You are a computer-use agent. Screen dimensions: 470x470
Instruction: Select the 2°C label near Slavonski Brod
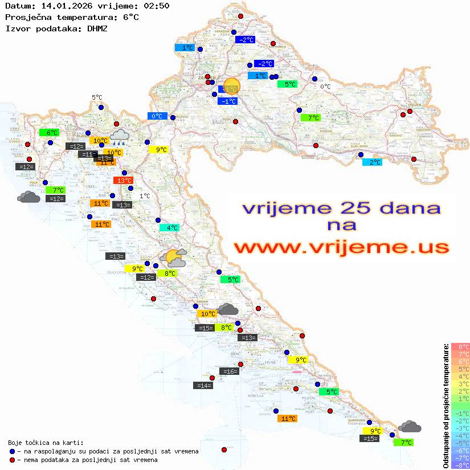[x=373, y=162]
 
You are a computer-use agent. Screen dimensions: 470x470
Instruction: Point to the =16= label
[x=229, y=371]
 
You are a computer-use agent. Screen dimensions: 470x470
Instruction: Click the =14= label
[x=204, y=386]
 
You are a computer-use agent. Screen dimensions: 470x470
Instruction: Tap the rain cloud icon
[x=119, y=136]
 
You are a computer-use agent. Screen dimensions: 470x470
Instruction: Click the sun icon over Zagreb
[x=231, y=87]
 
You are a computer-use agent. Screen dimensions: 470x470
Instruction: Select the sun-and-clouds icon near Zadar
[x=173, y=258]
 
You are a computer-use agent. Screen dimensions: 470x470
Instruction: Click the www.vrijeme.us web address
[x=341, y=248]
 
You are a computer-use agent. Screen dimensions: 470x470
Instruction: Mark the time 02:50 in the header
[x=157, y=6]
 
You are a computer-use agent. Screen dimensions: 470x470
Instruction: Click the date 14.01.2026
[x=62, y=6]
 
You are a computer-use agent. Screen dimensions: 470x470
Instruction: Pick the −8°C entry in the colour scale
[x=460, y=465]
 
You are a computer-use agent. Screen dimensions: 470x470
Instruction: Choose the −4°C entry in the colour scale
[x=460, y=435]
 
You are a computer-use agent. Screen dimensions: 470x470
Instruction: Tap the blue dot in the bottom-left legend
[x=12, y=451]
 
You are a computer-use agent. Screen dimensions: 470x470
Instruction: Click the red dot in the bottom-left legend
[x=12, y=460]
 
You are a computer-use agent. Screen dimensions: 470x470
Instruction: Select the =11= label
[x=88, y=154]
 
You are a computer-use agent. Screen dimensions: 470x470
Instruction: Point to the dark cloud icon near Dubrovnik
[x=410, y=427]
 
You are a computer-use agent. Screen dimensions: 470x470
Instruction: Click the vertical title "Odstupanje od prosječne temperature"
[x=446, y=405]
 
